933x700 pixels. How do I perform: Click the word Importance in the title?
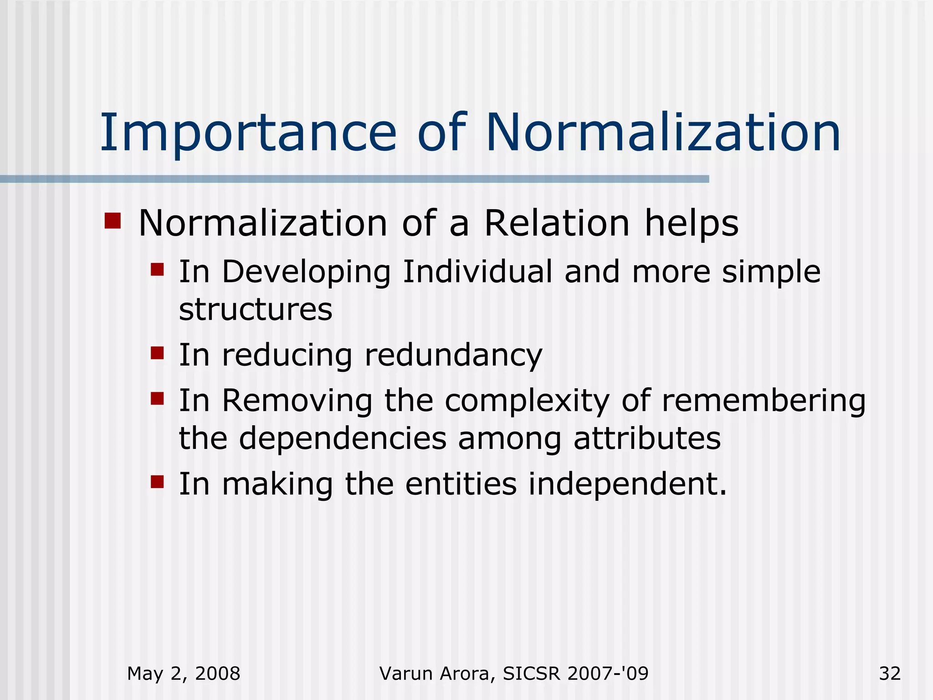click(248, 133)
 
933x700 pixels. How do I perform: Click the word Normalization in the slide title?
click(663, 133)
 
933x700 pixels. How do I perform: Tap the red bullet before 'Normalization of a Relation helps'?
click(113, 221)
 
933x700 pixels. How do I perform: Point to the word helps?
click(691, 224)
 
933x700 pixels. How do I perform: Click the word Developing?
click(306, 273)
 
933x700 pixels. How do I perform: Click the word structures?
click(256, 309)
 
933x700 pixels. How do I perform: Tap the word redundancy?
click(453, 355)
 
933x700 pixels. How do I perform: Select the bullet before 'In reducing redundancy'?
click(157, 353)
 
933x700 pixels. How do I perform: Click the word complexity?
click(527, 401)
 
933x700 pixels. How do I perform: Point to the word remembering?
click(763, 401)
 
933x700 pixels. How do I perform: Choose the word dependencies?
click(343, 438)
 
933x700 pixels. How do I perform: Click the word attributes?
click(647, 438)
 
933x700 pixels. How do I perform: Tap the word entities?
click(461, 484)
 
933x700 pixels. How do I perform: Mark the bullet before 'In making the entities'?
click(157, 481)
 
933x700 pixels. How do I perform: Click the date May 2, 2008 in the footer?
click(184, 674)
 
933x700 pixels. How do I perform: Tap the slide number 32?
click(890, 674)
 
